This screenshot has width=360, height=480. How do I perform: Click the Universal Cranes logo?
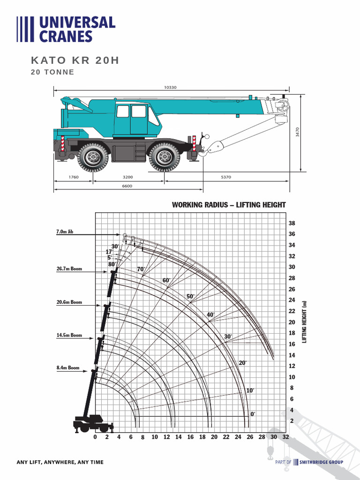coord(66,30)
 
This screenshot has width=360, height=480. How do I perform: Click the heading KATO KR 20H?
coord(75,60)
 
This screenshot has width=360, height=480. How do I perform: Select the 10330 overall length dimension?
coord(170,87)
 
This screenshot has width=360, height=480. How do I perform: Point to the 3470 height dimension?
coord(297,132)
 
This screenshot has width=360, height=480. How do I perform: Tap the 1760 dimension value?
coord(73,177)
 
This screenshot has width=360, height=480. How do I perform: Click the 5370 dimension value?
coord(226,177)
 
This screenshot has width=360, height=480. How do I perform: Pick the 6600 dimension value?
coord(127,186)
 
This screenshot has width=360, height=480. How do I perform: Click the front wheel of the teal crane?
coord(164,157)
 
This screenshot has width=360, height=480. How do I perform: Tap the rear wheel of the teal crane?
coord(93,157)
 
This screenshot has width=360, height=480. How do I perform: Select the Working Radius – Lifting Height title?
coord(229,205)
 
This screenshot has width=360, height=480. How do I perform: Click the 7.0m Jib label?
coord(65,232)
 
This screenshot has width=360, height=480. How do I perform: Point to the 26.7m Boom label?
coord(69,269)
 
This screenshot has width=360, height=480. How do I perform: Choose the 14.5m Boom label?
coord(69,335)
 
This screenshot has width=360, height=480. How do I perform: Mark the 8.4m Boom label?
coord(68,368)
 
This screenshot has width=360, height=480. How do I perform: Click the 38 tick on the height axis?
coord(292,224)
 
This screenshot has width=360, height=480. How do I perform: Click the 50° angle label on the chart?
coord(190,296)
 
